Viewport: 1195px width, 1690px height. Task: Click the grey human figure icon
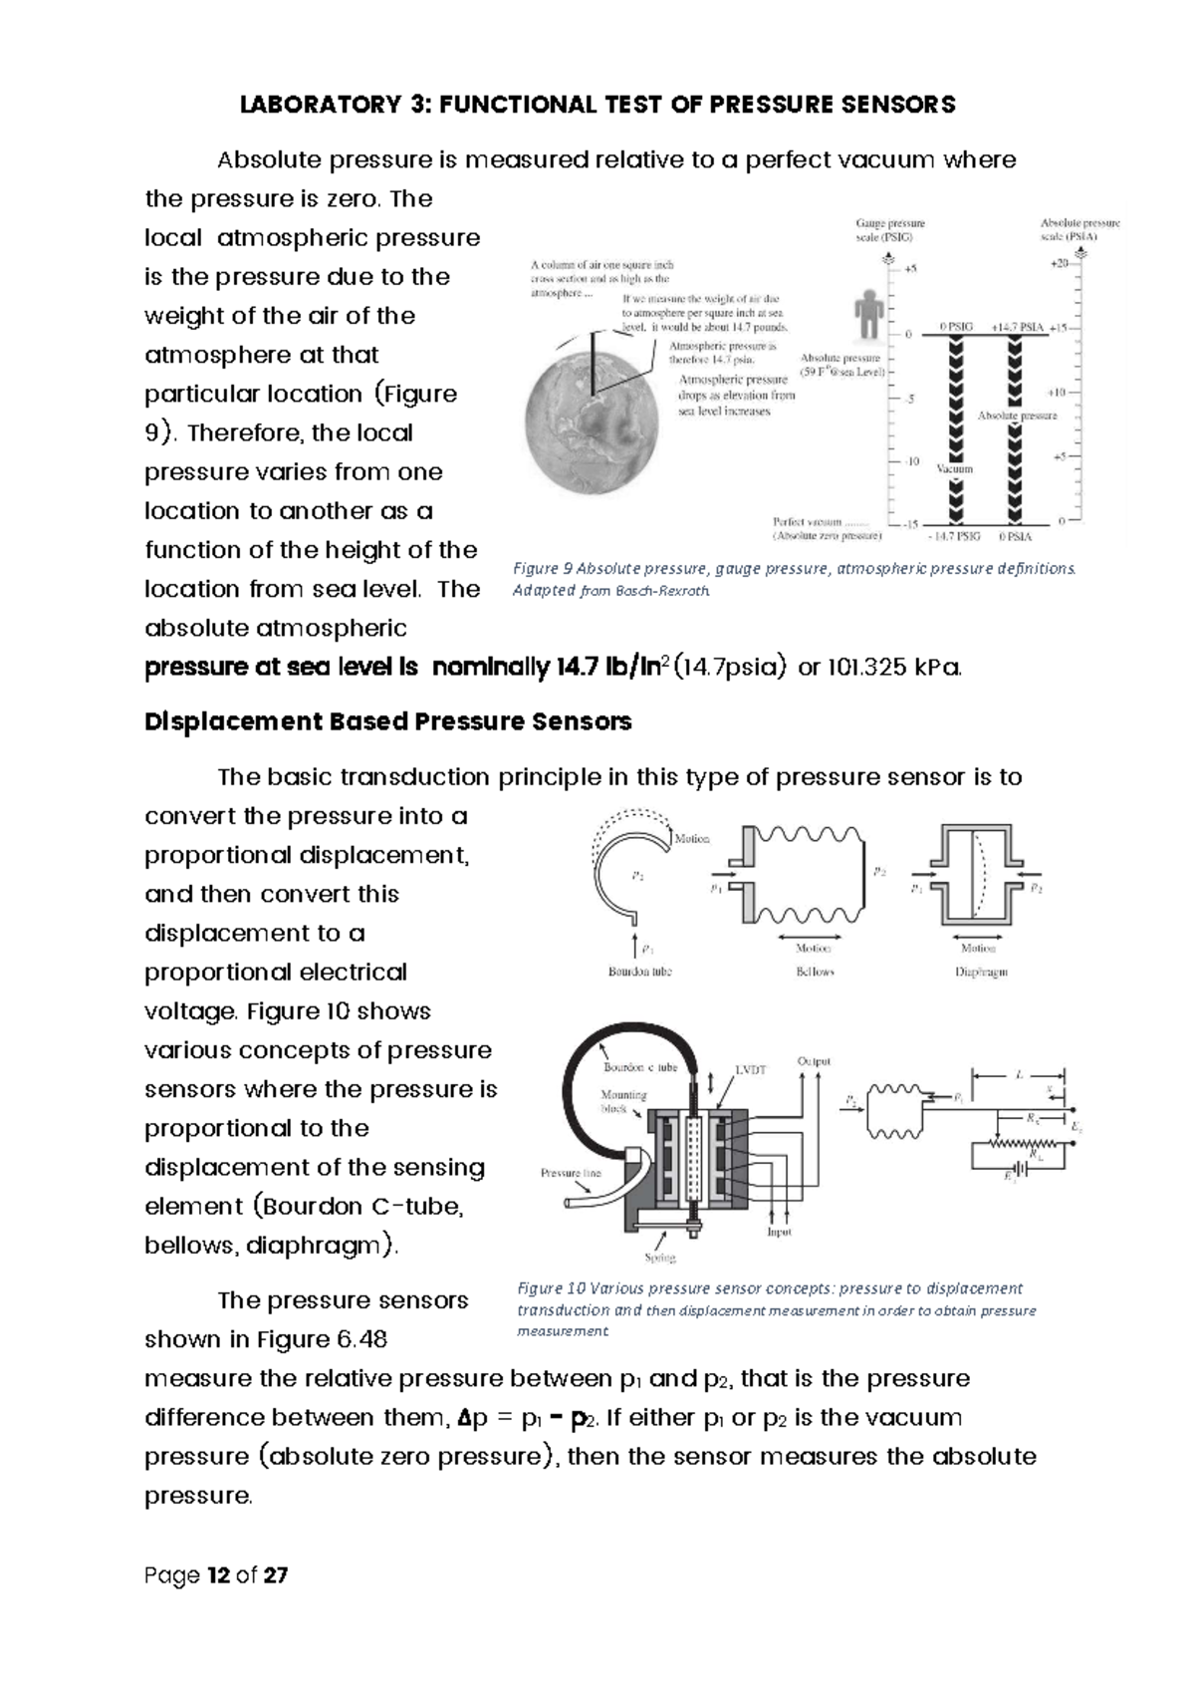[868, 313]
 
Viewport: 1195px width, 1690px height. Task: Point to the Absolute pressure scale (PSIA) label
[1079, 231]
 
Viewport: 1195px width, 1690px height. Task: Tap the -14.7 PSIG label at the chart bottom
[953, 536]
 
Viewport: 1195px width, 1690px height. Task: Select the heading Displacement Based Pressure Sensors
[387, 721]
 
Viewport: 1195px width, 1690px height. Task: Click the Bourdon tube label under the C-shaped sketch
[639, 971]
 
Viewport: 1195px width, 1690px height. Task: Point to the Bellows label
[815, 971]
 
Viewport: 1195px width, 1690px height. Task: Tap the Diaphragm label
[981, 972]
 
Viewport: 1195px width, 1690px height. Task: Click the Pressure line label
[571, 1173]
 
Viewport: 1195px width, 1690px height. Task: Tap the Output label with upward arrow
[814, 1061]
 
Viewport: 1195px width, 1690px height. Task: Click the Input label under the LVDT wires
[779, 1232]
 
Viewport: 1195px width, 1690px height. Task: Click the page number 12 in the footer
[218, 1575]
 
